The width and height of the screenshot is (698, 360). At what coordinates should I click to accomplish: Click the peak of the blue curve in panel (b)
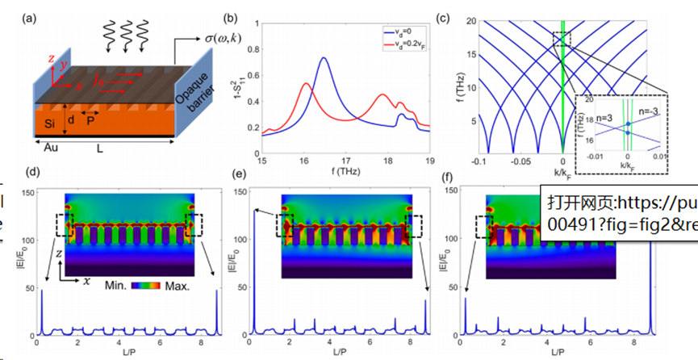[324, 58]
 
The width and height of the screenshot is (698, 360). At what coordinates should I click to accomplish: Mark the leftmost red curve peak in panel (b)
[307, 83]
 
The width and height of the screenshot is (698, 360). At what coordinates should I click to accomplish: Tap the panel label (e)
[240, 174]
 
